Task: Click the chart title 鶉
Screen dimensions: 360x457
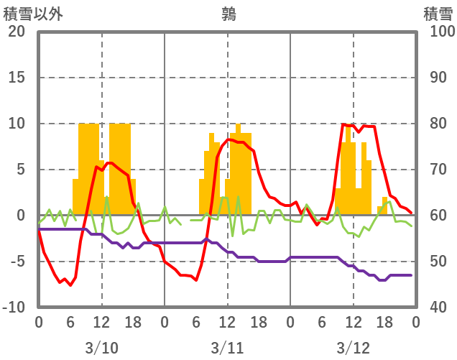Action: click(x=228, y=14)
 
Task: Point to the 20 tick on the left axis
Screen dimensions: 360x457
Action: click(x=17, y=32)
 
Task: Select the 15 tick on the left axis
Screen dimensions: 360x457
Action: click(x=17, y=78)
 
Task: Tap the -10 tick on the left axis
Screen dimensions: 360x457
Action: click(x=14, y=308)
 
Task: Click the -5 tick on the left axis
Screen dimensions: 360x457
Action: click(x=17, y=262)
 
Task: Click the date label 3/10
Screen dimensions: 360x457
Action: click(x=101, y=348)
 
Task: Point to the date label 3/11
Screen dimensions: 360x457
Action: click(x=227, y=348)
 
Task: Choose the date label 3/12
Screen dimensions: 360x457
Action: click(x=353, y=348)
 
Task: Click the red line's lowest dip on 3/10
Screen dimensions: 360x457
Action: click(x=70, y=285)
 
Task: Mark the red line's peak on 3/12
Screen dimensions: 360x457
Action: click(x=344, y=124)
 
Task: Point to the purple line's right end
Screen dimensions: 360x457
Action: click(x=411, y=275)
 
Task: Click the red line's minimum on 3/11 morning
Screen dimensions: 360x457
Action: click(x=196, y=280)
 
